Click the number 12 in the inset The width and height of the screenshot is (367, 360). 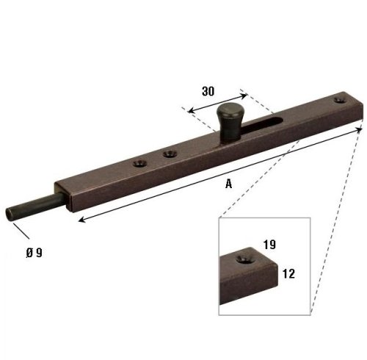click(288, 273)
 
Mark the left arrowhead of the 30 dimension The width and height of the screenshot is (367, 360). click(190, 110)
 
